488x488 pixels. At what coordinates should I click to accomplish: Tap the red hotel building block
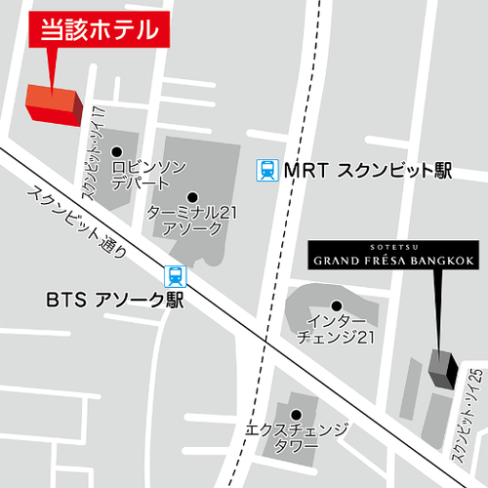[54, 102]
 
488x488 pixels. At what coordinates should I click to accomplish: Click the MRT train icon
[266, 170]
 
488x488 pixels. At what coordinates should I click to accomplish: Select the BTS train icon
[174, 275]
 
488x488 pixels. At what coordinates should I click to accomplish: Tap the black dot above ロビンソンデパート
[116, 151]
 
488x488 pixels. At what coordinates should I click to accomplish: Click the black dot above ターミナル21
[191, 196]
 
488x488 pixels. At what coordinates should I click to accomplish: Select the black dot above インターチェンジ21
[337, 305]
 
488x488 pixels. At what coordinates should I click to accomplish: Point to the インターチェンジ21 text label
[337, 330]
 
